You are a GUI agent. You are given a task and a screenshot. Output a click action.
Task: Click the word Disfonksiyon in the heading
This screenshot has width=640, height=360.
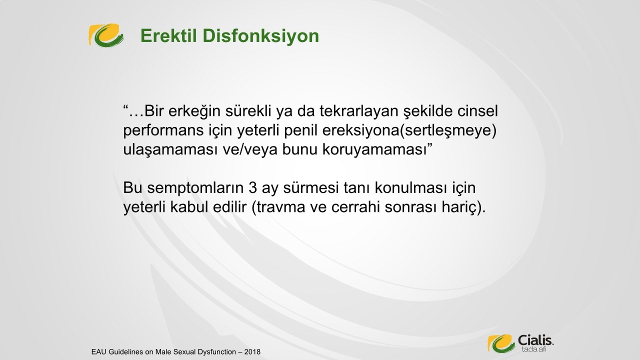261,36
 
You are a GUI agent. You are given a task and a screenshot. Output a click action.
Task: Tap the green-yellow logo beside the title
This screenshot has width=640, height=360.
106,35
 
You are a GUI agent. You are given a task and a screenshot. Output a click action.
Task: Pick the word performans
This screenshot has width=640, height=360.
163,131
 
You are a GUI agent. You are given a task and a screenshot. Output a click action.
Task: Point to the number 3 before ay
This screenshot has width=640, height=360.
252,187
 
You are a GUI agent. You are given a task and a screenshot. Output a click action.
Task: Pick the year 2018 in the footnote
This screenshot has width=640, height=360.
252,351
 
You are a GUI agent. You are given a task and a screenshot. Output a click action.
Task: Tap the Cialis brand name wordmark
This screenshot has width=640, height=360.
535,340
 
